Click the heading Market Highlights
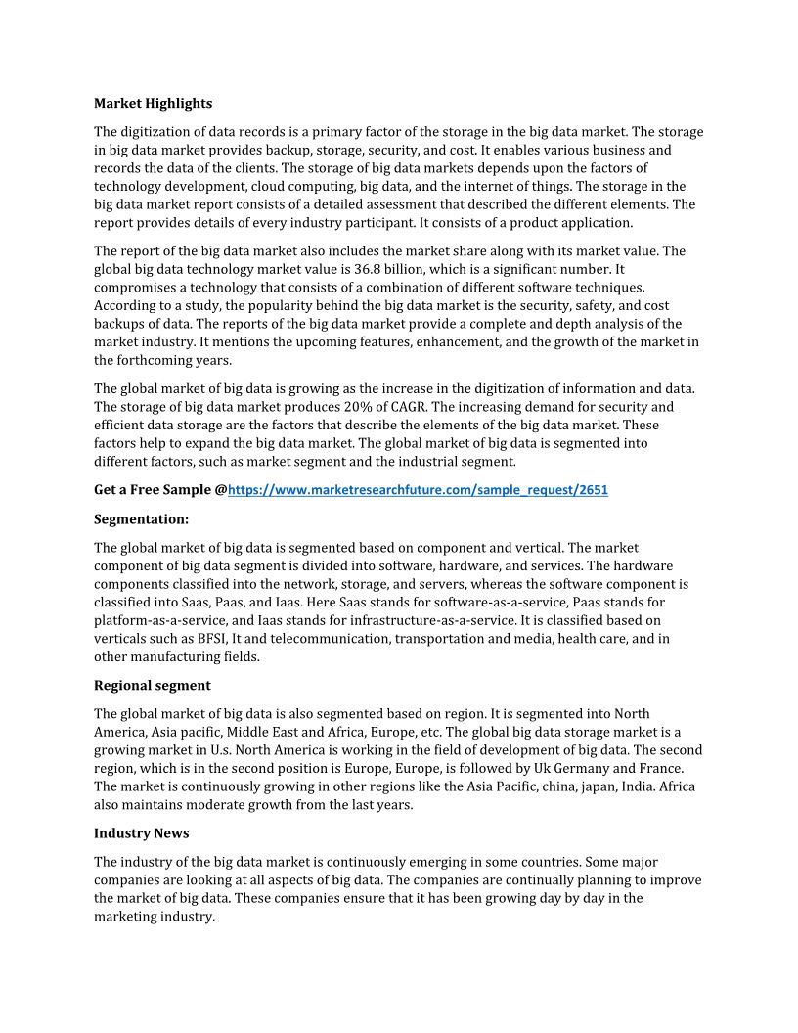click(153, 103)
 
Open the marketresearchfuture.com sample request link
click(418, 490)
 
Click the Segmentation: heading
click(141, 518)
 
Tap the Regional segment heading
click(152, 685)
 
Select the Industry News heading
click(141, 833)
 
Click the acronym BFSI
click(212, 639)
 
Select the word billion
click(410, 269)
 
